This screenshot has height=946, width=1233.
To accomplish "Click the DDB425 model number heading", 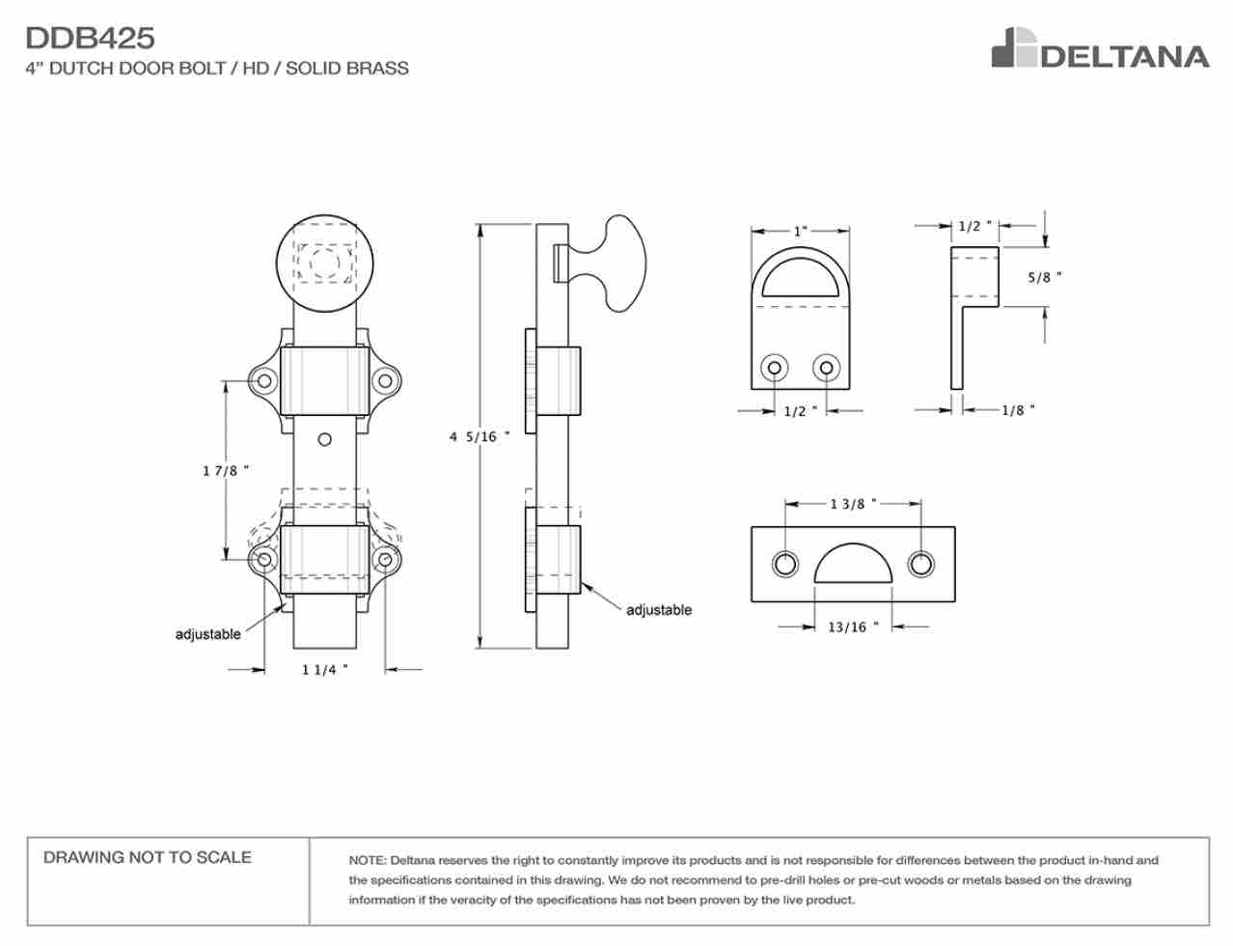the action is (90, 38).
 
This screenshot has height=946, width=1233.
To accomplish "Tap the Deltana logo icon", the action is (1013, 47).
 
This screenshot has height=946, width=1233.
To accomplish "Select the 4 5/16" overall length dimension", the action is (479, 436).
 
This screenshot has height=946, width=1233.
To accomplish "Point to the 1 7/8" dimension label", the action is (225, 470).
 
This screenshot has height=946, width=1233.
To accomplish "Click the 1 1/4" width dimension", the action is (324, 670).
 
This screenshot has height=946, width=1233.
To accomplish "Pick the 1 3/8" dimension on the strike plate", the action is (853, 504).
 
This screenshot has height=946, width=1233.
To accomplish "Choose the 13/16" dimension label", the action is (853, 627).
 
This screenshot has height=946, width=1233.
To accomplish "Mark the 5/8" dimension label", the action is (1045, 277).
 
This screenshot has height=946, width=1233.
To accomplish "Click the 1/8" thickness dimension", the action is (1018, 409).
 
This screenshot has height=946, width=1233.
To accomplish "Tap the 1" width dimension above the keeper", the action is (800, 231).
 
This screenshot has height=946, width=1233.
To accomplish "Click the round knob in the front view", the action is (324, 264).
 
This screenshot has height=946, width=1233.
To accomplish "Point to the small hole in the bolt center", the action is (324, 439).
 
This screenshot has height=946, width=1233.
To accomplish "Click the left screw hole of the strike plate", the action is (785, 564).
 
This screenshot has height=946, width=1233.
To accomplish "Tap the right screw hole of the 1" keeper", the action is (826, 368).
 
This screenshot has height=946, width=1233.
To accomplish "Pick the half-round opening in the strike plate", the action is (853, 563).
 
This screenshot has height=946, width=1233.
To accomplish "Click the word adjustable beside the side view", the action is (659, 610).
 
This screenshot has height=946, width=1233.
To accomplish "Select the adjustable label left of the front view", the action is (207, 634).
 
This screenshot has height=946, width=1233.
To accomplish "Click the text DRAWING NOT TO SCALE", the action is (148, 857).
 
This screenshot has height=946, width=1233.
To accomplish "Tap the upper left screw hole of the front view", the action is (263, 380).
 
